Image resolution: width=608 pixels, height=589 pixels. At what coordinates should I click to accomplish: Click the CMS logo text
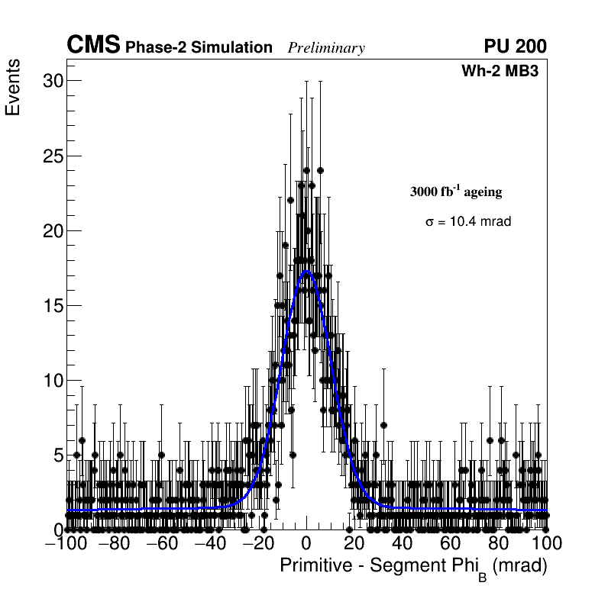pos(93,46)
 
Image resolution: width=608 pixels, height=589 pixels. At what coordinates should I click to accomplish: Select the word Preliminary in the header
pos(326,48)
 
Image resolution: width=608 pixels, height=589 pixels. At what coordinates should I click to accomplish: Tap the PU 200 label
pos(516,47)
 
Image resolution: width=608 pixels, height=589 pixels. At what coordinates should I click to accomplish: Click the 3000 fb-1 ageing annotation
pos(456,192)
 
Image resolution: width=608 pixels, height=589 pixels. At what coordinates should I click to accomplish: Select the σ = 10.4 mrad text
pos(467,221)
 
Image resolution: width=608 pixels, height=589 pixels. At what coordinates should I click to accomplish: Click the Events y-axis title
pos(13,89)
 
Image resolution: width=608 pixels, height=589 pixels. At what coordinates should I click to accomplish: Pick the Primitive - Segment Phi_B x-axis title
pos(413,567)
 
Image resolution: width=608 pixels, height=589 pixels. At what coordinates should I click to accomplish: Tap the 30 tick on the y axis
pos(52,81)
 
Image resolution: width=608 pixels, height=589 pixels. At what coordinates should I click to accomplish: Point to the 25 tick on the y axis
pos(52,156)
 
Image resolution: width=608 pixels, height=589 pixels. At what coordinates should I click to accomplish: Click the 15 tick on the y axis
pos(52,305)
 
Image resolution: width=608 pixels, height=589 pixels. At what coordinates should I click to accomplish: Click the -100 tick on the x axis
pos(66,543)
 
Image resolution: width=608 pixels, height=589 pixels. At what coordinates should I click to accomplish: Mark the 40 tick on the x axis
pos(403,543)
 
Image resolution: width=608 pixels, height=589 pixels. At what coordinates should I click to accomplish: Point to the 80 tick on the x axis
pos(499,543)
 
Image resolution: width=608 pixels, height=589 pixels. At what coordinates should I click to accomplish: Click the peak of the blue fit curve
pos(307,271)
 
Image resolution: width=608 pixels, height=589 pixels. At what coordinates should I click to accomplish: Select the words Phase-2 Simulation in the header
pos(199,47)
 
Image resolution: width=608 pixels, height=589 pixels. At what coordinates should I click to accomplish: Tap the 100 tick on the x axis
pos(546,543)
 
